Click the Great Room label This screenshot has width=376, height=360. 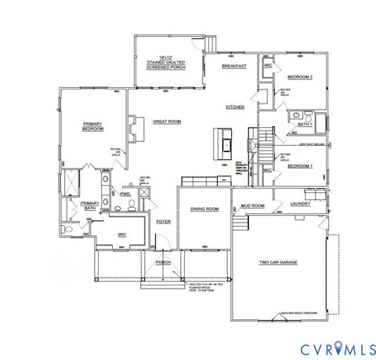(x=167, y=122)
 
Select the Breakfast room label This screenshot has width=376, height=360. (x=234, y=67)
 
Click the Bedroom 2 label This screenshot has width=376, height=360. (x=299, y=77)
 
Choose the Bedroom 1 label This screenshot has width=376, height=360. (x=299, y=166)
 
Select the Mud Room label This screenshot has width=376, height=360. (x=253, y=205)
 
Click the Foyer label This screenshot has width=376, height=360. (x=163, y=222)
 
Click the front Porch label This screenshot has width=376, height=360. (x=163, y=262)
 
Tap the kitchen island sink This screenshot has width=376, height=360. (x=227, y=144)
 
